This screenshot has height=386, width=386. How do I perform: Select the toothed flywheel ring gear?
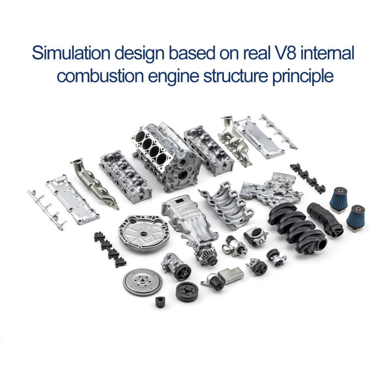coord(142,282)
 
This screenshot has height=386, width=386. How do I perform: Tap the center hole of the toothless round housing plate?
coord(143,234)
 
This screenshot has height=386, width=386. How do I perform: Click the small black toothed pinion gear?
coord(159,301)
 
